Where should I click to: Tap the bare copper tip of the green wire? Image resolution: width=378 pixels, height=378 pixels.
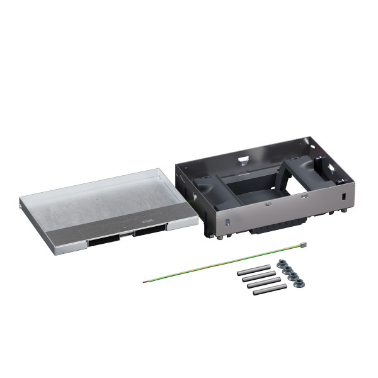point(145,281)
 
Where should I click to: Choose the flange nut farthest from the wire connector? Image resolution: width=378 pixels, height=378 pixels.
point(301,282)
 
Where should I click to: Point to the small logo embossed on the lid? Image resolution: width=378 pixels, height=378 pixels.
point(147,221)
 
